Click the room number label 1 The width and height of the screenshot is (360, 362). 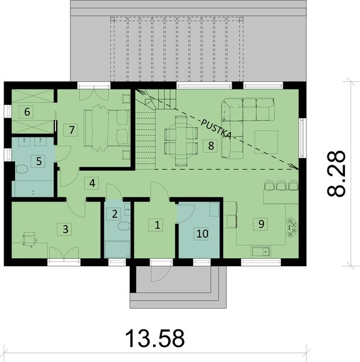(x=157, y=226)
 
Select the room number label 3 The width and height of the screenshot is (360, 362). (x=66, y=229)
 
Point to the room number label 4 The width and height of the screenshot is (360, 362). (x=92, y=183)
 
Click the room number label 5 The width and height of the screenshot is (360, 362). (x=39, y=161)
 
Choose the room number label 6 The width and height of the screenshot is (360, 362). (x=28, y=111)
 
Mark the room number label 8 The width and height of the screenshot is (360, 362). (x=210, y=145)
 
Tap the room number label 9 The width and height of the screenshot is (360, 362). (x=261, y=224)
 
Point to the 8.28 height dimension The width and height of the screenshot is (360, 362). (x=338, y=173)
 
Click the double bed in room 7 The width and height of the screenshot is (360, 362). (x=107, y=127)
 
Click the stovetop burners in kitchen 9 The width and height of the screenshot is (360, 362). (x=292, y=226)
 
